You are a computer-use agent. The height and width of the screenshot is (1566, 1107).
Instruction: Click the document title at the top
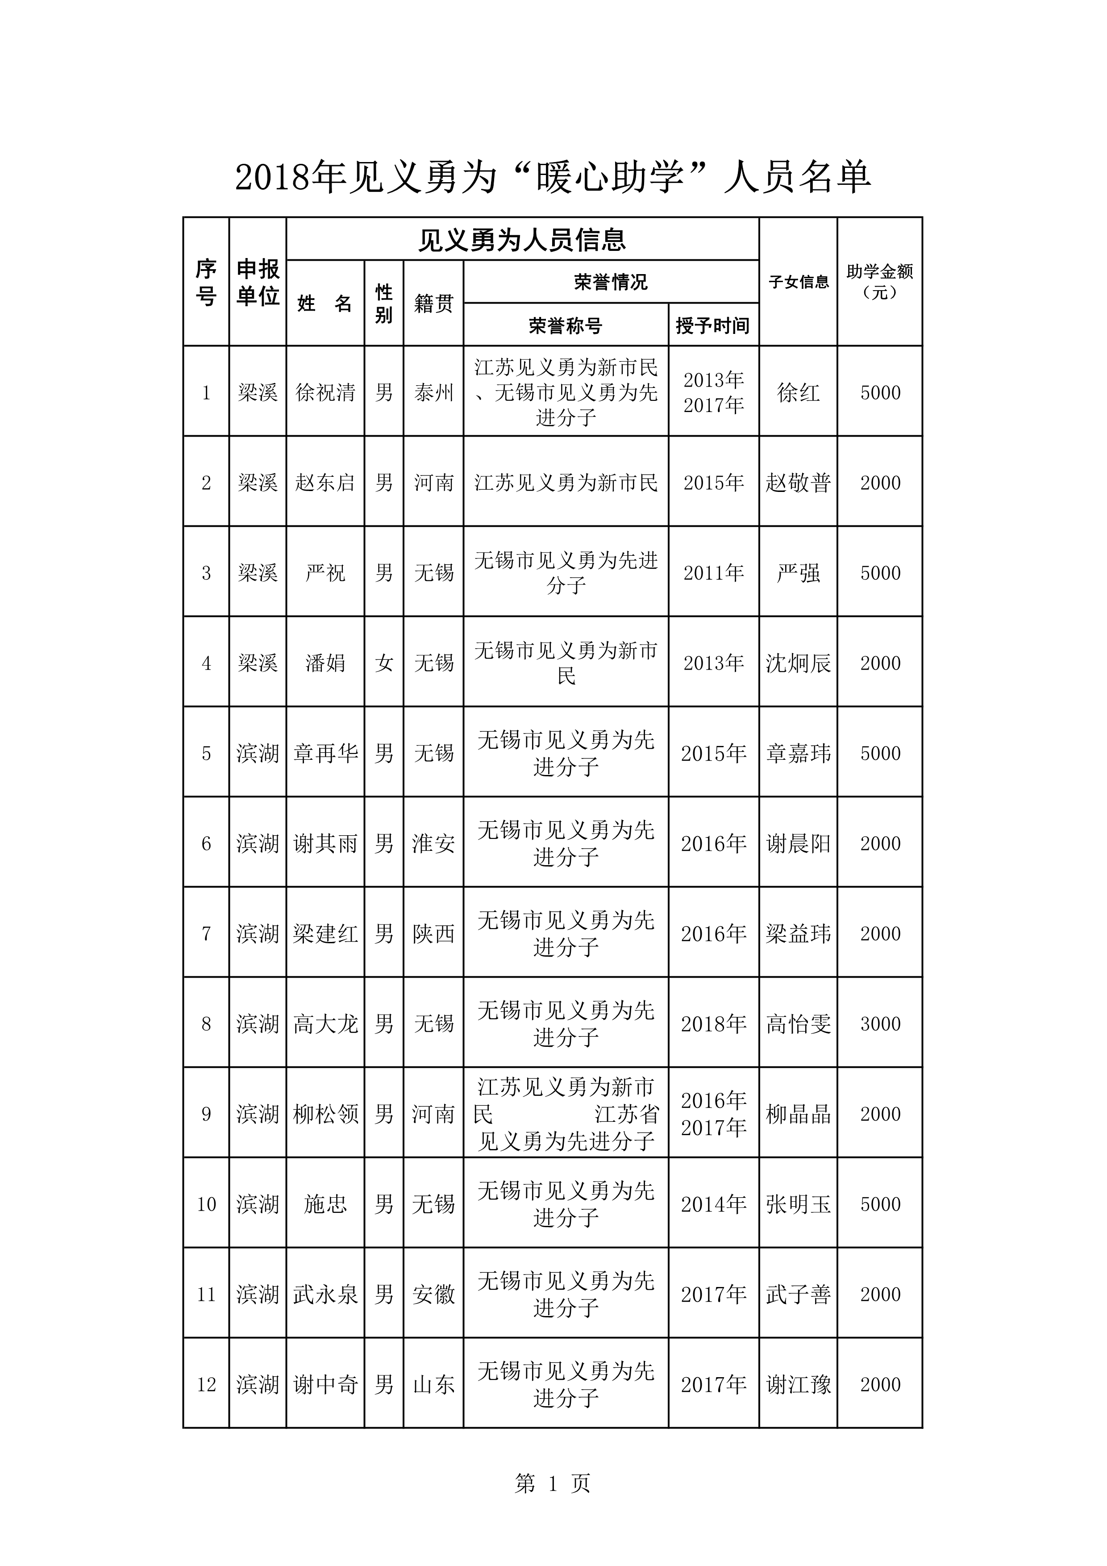tap(553, 177)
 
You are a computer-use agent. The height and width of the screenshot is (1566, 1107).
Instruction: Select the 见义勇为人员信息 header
tap(522, 239)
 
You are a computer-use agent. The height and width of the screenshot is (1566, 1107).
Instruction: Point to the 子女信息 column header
tap(798, 282)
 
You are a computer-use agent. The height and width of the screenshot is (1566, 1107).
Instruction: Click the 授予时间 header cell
tap(713, 325)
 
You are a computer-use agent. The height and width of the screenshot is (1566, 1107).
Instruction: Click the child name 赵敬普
tap(798, 483)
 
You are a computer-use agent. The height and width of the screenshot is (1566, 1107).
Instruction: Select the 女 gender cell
tap(383, 663)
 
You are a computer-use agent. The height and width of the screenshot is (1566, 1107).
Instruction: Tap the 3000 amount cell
tap(880, 1024)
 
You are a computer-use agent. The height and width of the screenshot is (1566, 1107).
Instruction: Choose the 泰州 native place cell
tap(433, 392)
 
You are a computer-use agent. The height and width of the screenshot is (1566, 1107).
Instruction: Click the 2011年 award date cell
tap(713, 573)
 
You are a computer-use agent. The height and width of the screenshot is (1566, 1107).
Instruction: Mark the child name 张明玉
tap(798, 1204)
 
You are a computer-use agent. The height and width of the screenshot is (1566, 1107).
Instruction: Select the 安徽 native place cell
tap(433, 1295)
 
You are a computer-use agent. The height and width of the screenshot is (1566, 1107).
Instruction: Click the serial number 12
tap(206, 1385)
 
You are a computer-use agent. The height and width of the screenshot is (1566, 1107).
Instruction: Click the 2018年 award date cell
tap(713, 1024)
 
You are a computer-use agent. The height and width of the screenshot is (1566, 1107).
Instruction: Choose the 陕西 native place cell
tap(433, 934)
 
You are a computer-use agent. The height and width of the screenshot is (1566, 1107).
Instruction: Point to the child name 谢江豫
tap(798, 1385)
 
